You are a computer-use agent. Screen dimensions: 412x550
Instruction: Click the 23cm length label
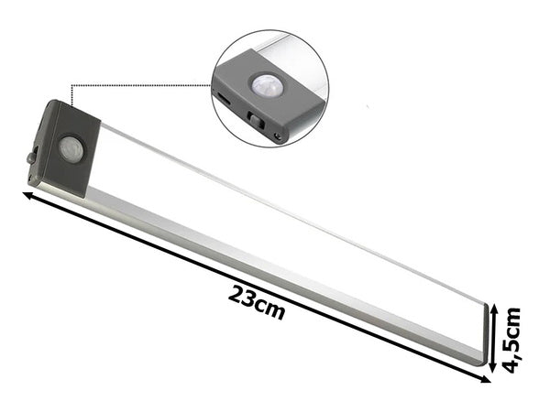[x=258, y=303]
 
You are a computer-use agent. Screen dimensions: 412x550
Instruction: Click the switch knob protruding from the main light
[x=33, y=157]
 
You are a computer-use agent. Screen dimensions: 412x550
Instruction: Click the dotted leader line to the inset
[x=137, y=86]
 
